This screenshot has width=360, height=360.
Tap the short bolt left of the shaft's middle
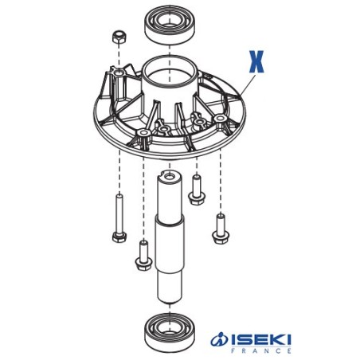143,256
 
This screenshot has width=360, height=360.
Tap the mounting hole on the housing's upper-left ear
119,74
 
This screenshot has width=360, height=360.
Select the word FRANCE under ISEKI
260,352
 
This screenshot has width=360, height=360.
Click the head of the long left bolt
118,237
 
